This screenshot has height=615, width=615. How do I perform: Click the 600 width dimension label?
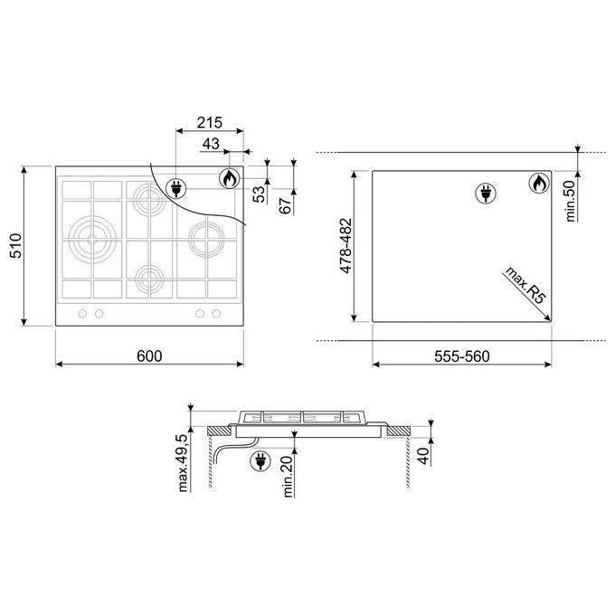(x=149, y=356)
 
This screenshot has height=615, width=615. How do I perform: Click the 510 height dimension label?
(x=16, y=245)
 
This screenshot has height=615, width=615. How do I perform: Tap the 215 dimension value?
(x=210, y=123)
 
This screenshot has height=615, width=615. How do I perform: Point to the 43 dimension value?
(x=211, y=144)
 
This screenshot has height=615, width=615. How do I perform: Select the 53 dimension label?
(x=259, y=194)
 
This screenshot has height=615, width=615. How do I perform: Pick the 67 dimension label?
(x=286, y=205)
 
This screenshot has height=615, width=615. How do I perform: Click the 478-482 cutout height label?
(x=345, y=246)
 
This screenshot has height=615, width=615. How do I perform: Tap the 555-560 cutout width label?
(x=462, y=356)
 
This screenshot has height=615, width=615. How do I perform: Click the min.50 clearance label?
(x=570, y=201)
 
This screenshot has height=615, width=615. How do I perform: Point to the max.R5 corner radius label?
(x=525, y=285)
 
